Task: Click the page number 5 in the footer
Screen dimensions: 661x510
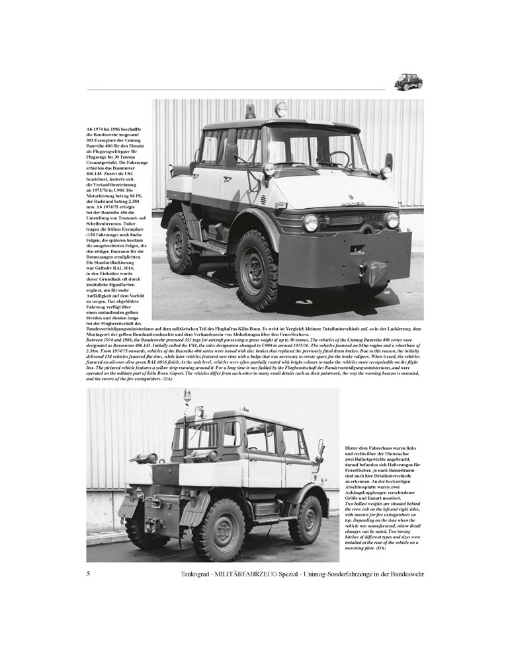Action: [88, 574]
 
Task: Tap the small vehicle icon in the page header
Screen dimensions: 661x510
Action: [408, 82]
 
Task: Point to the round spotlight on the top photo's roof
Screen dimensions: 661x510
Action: [282, 109]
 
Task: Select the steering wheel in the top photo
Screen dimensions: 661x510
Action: [339, 159]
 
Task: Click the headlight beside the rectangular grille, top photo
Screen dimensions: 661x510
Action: [310, 222]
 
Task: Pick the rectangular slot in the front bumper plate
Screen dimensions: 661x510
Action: [357, 250]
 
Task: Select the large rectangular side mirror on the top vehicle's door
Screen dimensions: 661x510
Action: [231, 155]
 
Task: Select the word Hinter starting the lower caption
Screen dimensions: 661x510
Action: [355, 448]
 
